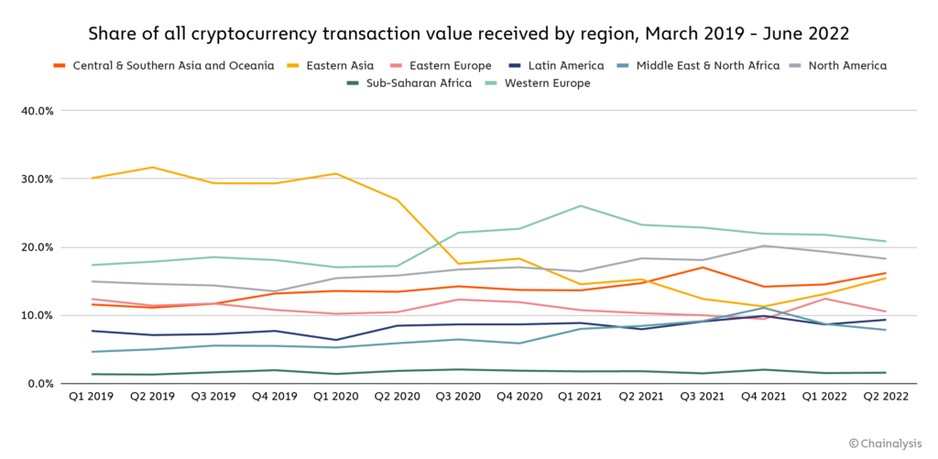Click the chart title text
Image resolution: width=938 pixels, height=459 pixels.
(x=468, y=34)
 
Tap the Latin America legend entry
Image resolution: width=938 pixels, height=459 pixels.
(x=562, y=66)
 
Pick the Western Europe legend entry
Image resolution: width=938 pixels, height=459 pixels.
(x=546, y=83)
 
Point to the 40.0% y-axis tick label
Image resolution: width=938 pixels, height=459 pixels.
(x=37, y=111)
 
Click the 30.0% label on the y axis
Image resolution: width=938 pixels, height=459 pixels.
(x=37, y=179)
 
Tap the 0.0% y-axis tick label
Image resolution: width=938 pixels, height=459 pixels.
(x=39, y=384)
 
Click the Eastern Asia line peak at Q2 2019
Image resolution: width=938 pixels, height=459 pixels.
(x=153, y=167)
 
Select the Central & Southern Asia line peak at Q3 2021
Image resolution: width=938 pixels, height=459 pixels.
(x=703, y=268)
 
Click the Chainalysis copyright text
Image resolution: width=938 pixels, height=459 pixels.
(x=884, y=443)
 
